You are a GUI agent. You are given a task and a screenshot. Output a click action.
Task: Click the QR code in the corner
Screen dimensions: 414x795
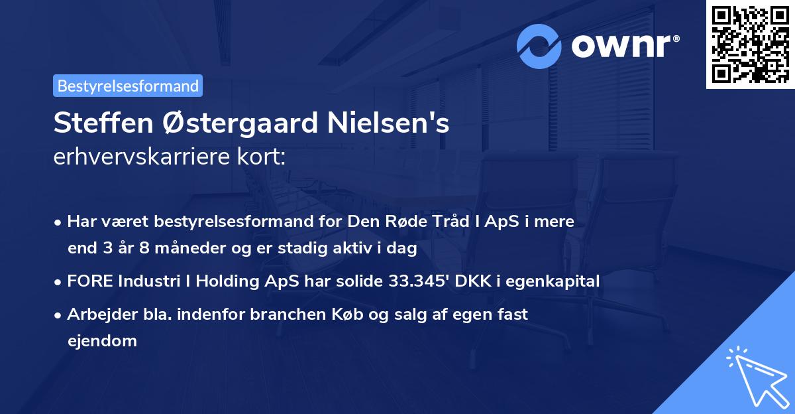(x=751, y=44)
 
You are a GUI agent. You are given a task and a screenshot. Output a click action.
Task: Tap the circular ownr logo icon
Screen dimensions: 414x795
(x=539, y=46)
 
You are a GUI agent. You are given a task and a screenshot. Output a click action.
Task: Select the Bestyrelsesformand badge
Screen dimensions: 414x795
(x=128, y=86)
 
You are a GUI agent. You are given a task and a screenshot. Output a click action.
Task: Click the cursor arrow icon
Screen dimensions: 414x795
(x=756, y=376)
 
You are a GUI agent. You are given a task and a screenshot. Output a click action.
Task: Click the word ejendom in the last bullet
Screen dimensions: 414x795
(x=102, y=341)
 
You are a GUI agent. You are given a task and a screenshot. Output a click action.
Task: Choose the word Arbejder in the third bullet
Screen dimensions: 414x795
(x=98, y=314)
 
